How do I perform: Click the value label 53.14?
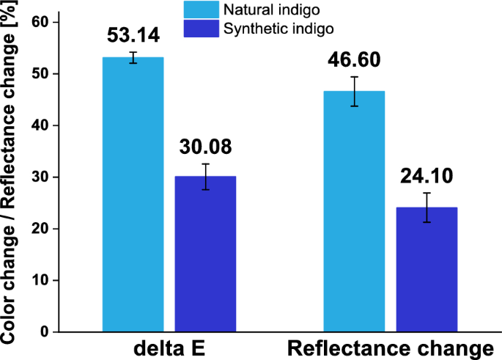[133, 36]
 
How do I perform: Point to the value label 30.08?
[205, 147]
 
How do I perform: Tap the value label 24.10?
[427, 177]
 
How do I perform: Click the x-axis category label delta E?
[169, 348]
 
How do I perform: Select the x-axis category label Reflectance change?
[390, 348]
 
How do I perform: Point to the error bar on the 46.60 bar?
[354, 91]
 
